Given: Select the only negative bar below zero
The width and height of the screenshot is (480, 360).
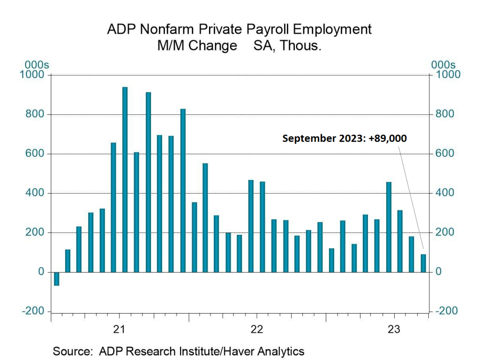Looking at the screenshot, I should click(x=56, y=278).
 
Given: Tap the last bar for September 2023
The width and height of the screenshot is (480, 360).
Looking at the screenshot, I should click(x=423, y=263).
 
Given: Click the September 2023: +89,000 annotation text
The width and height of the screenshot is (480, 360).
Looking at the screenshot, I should click(x=345, y=139).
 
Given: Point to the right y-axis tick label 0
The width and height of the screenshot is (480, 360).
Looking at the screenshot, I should click(x=438, y=272).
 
